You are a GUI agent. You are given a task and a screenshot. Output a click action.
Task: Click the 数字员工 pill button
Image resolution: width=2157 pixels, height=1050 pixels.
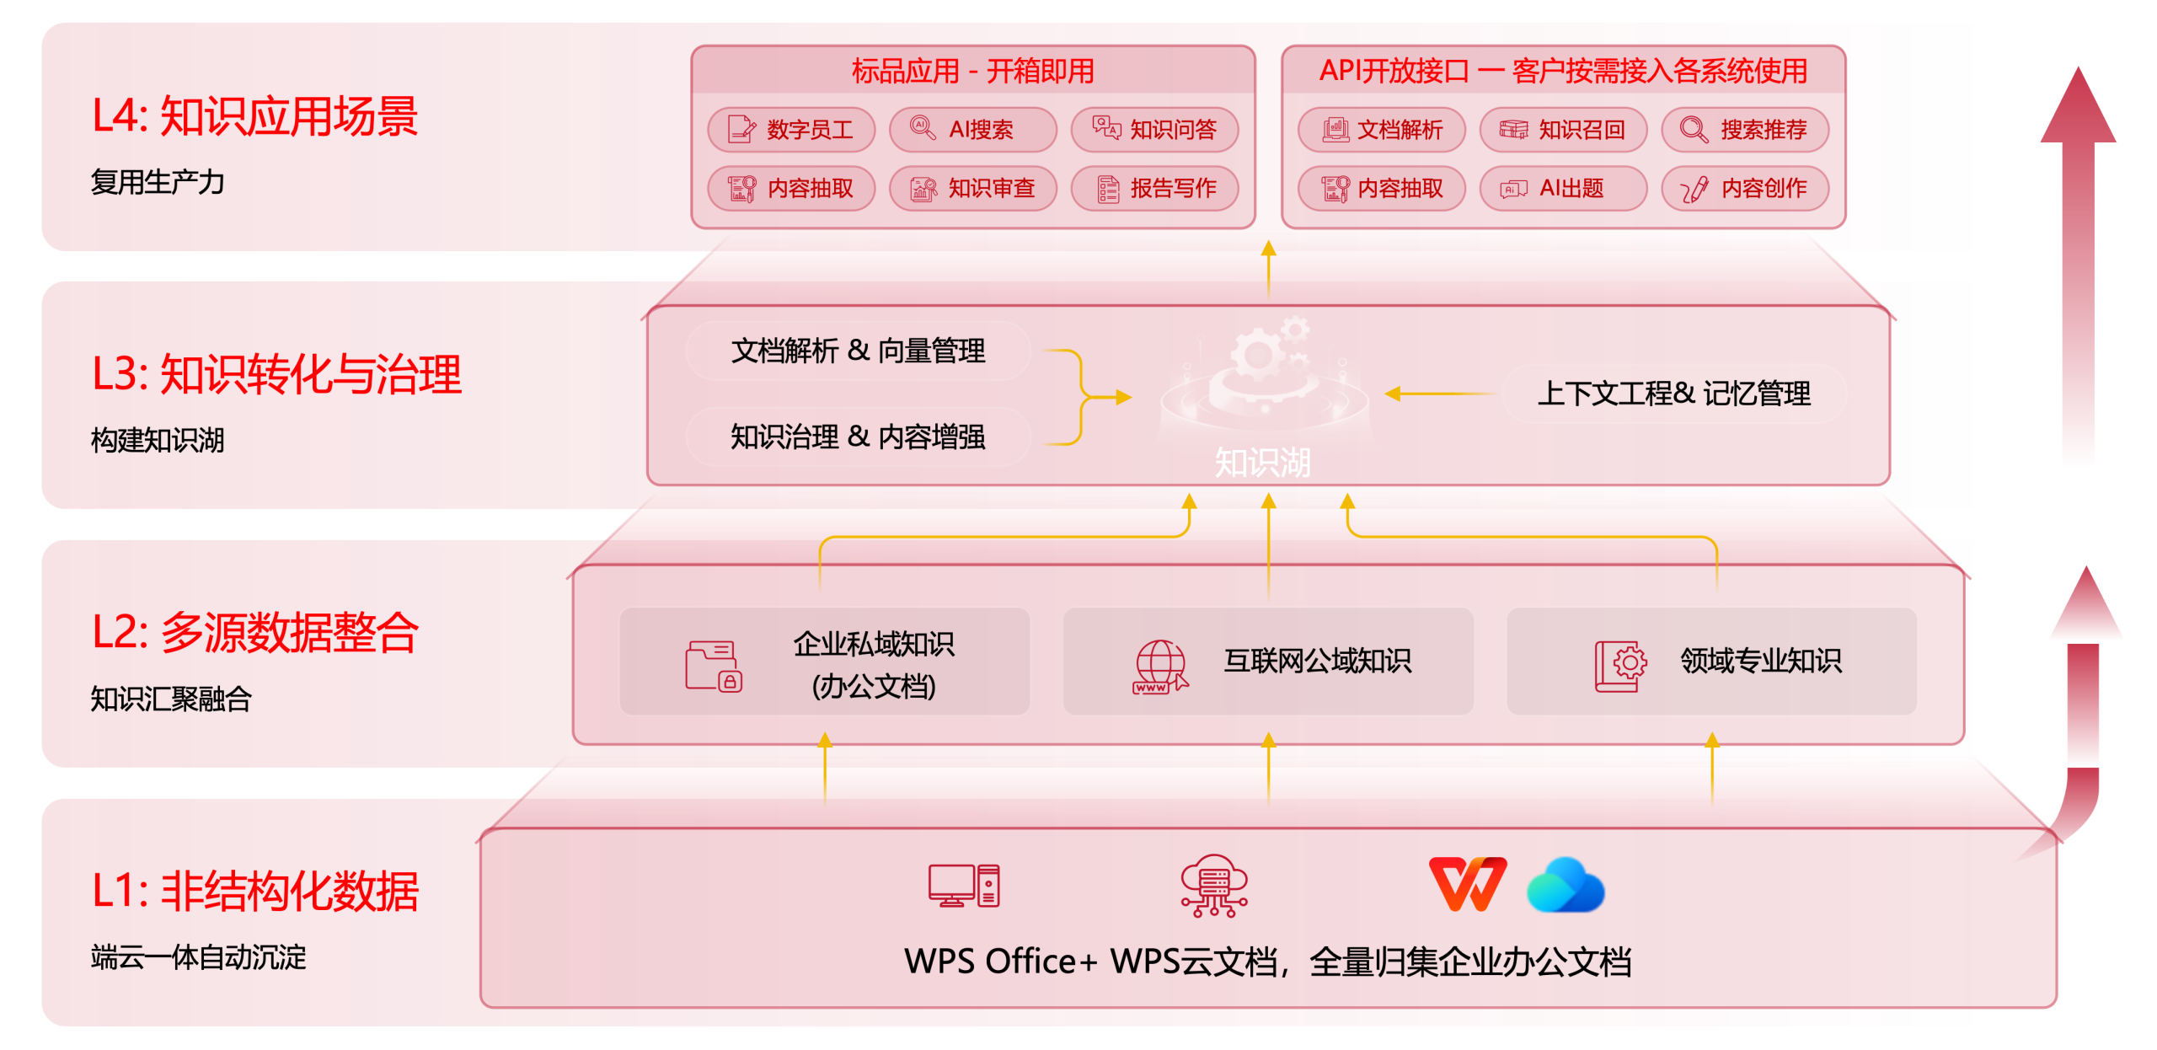(x=791, y=130)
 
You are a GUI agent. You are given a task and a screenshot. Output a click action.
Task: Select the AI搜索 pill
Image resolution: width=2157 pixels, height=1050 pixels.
(x=972, y=130)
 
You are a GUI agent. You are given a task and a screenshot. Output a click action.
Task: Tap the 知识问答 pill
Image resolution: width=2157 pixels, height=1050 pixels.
(x=1154, y=130)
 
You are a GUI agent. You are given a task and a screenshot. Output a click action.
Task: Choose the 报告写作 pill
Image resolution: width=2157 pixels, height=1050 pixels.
(x=1154, y=188)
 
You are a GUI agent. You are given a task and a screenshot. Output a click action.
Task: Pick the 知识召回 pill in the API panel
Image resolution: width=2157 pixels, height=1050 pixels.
(x=1563, y=130)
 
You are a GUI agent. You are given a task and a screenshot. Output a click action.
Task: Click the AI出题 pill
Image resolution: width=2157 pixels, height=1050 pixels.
(x=1563, y=188)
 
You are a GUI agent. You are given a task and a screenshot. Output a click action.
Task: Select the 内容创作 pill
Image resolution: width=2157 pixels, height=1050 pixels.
(x=1745, y=188)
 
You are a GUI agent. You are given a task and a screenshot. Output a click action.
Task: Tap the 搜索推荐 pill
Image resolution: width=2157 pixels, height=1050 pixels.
(x=1745, y=130)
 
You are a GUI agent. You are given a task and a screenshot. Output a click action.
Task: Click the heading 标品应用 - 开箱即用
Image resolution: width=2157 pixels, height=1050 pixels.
(x=972, y=71)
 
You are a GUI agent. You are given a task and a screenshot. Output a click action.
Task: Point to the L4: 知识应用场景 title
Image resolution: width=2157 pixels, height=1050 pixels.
(x=254, y=116)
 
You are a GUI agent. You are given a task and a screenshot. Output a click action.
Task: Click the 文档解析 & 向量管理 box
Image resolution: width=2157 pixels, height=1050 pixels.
(x=858, y=351)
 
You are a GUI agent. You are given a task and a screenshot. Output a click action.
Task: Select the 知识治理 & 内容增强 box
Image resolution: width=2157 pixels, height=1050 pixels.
(x=858, y=437)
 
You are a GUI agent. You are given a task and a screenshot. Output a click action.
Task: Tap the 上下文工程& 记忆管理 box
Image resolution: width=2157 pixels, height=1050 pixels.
(x=1673, y=394)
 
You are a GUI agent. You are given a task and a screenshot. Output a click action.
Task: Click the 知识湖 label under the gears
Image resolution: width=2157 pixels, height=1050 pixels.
(x=1262, y=462)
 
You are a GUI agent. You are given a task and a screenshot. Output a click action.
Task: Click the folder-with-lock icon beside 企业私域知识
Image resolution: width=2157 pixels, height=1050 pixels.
(x=713, y=666)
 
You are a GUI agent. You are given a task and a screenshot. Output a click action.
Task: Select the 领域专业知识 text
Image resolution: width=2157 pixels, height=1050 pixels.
(x=1760, y=661)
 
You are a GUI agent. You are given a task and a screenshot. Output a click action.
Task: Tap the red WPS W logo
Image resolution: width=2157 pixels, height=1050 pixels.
(x=1468, y=884)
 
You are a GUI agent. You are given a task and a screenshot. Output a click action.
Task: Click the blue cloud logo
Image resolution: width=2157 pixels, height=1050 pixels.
(x=1566, y=885)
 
